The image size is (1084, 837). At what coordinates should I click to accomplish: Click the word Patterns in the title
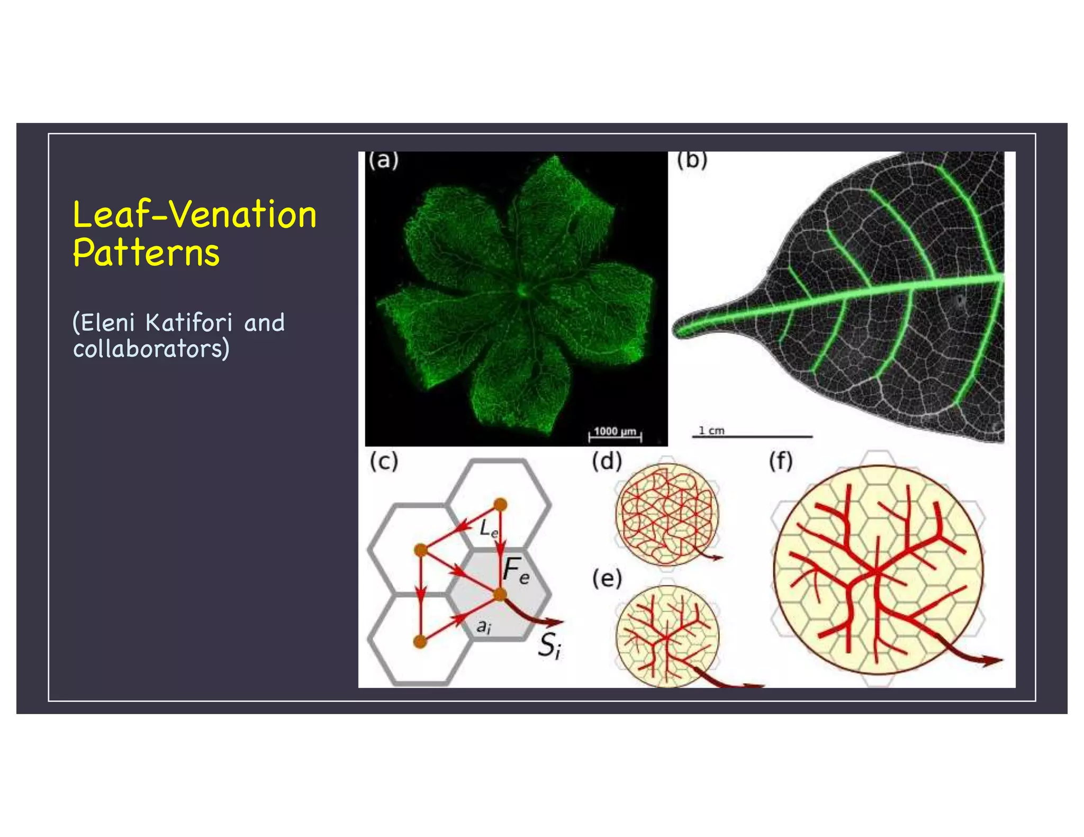(x=146, y=252)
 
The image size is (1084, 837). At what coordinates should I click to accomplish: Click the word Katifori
(x=189, y=323)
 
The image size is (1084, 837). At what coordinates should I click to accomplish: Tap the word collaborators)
(x=151, y=349)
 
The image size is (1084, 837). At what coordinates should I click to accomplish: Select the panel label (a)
(x=384, y=160)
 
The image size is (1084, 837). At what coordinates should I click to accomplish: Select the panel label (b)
(x=692, y=160)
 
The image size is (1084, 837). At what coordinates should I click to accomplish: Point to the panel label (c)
(x=384, y=461)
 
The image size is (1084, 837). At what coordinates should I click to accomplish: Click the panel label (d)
(x=607, y=461)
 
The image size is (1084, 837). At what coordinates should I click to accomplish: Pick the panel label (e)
(x=607, y=579)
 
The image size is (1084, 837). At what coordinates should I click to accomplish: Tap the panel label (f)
(x=781, y=461)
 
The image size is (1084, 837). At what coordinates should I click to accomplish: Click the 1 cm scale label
(x=711, y=431)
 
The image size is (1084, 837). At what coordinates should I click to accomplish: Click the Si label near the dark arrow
(x=549, y=645)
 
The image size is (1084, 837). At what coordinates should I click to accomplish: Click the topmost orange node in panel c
(x=500, y=505)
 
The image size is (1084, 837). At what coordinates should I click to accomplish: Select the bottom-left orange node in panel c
(x=420, y=642)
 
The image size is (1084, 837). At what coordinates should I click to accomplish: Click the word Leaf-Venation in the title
(x=195, y=215)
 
